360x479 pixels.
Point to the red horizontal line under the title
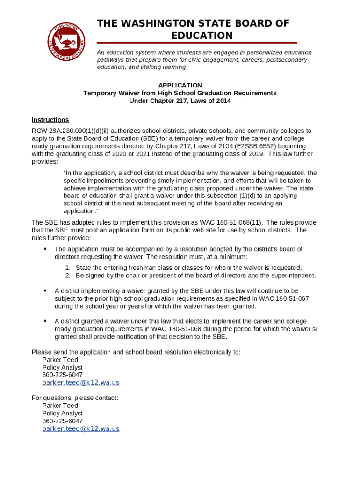pos(196,43)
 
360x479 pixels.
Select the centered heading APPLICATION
pos(180,85)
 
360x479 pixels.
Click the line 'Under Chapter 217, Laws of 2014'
pos(180,101)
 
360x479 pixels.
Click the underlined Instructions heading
pos(50,120)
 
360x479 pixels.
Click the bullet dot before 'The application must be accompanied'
pos(45,249)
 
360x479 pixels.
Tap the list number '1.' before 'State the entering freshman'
pos(68,268)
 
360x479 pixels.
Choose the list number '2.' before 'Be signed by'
pos(68,276)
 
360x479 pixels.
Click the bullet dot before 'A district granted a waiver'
pos(45,321)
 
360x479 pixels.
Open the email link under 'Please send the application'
pos(80,383)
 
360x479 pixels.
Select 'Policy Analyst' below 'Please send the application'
pos(62,367)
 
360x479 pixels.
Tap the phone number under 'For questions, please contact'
pos(62,421)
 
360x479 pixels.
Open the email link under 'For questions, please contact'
pos(80,429)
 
